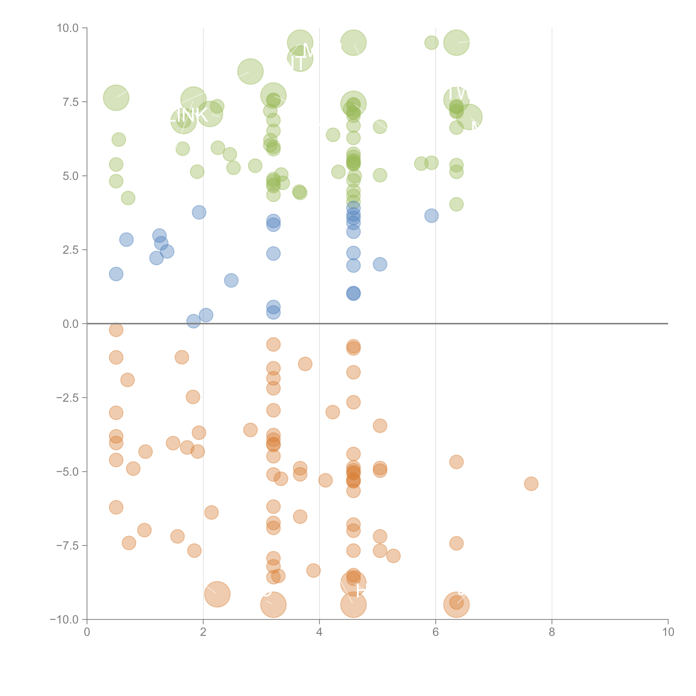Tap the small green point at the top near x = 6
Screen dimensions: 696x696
[x=431, y=42]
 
